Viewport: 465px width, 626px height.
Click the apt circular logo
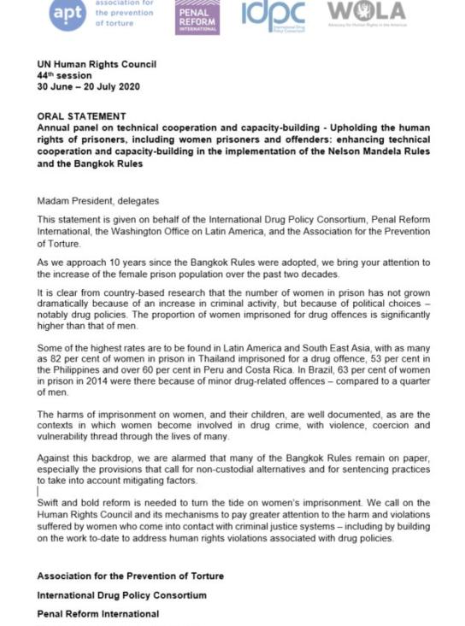pyautogui.click(x=67, y=15)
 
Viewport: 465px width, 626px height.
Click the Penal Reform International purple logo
pyautogui.click(x=197, y=16)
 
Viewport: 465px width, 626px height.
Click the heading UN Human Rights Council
pyautogui.click(x=97, y=65)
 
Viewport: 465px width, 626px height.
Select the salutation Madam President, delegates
pyautogui.click(x=97, y=201)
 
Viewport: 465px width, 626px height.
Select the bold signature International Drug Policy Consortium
pyautogui.click(x=121, y=595)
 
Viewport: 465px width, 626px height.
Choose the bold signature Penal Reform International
pyautogui.click(x=97, y=614)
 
